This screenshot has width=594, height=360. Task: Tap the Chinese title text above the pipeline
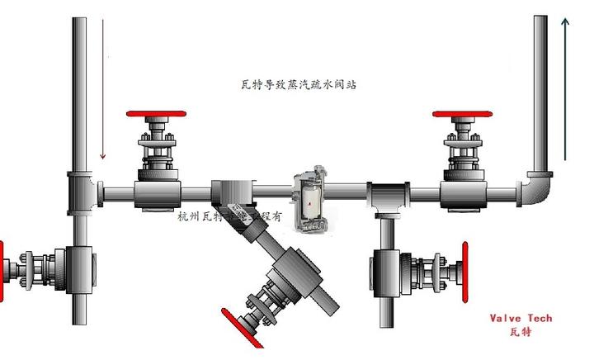point(297,85)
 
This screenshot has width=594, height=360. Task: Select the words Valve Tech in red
point(521,319)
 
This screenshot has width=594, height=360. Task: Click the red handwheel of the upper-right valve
point(466,114)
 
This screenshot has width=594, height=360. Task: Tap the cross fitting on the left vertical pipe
point(81,191)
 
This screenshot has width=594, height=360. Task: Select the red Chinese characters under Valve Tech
point(521,332)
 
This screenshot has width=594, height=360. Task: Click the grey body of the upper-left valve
point(158,193)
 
